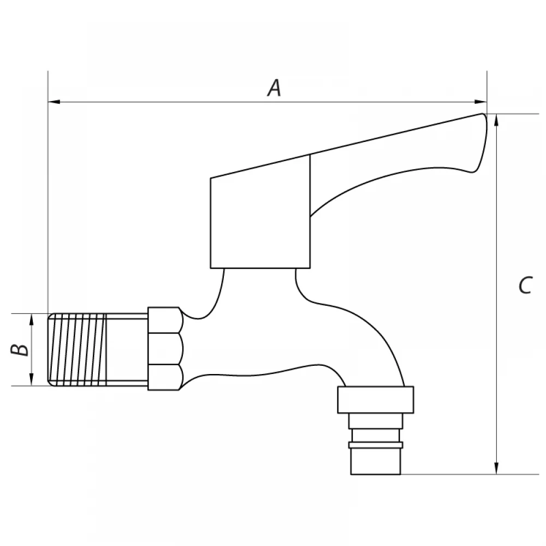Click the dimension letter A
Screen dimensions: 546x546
click(275, 88)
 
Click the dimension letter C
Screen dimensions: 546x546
click(525, 286)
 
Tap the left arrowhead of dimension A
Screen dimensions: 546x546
click(54, 102)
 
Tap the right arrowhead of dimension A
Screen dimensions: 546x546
click(481, 102)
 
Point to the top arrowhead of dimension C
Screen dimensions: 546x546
click(496, 120)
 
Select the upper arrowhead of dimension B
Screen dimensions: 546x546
click(32, 319)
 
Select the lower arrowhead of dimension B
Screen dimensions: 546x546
click(32, 379)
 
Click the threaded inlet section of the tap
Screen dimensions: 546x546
click(76, 349)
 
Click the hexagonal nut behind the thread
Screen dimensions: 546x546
click(165, 348)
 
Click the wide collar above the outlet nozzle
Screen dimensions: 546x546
click(376, 400)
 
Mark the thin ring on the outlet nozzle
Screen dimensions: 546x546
click(376, 444)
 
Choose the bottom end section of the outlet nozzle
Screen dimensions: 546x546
click(376, 461)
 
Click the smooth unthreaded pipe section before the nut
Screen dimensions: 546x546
click(127, 349)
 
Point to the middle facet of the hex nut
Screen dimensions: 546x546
click(165, 349)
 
